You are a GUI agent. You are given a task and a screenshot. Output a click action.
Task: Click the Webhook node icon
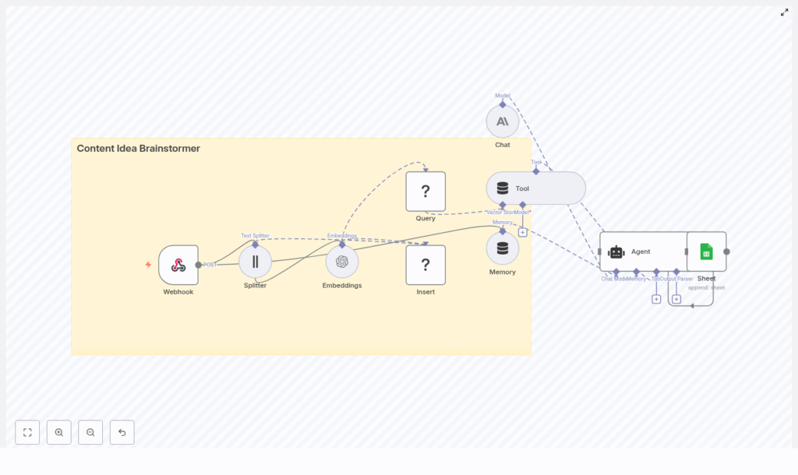click(178, 265)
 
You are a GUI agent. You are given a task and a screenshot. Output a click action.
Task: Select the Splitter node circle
click(255, 262)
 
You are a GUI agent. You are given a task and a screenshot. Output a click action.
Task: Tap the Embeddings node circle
click(342, 262)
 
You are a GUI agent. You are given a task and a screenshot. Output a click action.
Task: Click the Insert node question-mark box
click(425, 265)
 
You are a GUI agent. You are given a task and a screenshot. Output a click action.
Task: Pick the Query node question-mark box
click(425, 192)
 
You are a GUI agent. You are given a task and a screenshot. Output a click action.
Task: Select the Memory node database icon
click(503, 248)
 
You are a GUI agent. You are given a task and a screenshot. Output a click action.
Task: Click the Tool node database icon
click(503, 188)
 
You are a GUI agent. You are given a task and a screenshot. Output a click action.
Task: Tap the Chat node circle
click(503, 121)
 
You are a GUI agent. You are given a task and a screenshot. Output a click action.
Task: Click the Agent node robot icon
click(616, 252)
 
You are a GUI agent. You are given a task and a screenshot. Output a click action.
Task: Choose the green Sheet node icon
click(706, 252)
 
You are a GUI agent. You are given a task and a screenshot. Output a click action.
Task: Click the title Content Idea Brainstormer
click(138, 149)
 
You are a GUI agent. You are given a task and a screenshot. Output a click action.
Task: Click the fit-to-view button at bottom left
click(27, 432)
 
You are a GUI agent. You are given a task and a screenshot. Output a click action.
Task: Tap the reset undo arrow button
click(122, 432)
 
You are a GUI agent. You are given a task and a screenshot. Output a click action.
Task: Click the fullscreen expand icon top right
click(785, 12)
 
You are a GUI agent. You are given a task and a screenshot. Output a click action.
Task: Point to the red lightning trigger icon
click(148, 265)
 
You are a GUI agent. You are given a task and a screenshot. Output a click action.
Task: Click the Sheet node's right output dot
click(726, 252)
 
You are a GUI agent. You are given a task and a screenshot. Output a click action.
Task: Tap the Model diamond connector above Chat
click(503, 104)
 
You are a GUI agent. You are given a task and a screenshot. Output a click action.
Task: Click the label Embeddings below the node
click(342, 286)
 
